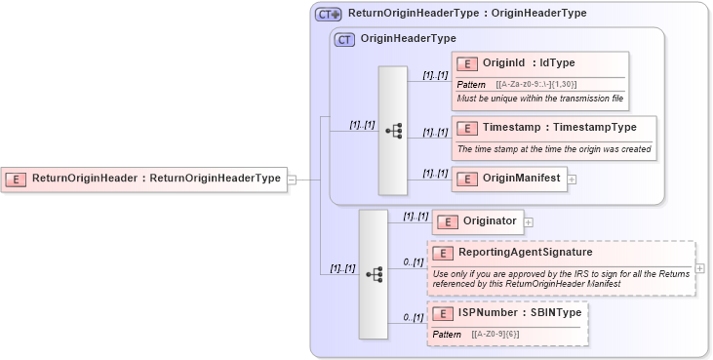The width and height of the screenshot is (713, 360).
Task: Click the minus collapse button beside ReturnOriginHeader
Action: pyautogui.click(x=292, y=179)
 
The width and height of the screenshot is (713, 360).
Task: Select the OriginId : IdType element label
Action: pyautogui.click(x=529, y=63)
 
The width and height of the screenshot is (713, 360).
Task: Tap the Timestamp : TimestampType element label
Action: pyautogui.click(x=559, y=128)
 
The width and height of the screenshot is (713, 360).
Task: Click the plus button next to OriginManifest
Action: pyautogui.click(x=572, y=179)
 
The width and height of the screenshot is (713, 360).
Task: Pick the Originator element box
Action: pyautogui.click(x=478, y=222)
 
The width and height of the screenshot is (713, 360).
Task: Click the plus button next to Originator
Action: pyautogui.click(x=529, y=222)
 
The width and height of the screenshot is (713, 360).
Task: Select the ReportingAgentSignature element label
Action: pyautogui.click(x=539, y=253)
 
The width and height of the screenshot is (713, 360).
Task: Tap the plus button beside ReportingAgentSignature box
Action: pyautogui.click(x=700, y=267)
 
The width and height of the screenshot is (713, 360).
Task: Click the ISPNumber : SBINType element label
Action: pyautogui.click(x=519, y=312)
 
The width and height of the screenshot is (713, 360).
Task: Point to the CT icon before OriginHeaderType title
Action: pyautogui.click(x=344, y=40)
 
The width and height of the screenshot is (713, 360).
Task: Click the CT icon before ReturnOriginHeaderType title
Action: pyautogui.click(x=329, y=15)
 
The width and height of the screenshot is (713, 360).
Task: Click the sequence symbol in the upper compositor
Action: pyautogui.click(x=394, y=130)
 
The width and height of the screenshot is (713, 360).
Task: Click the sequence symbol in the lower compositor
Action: pyautogui.click(x=374, y=275)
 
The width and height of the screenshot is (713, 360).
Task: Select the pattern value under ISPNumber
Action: pyautogui.click(x=495, y=334)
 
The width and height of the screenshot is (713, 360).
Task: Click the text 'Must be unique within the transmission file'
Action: pyautogui.click(x=539, y=100)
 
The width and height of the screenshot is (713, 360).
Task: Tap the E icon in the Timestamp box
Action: pyautogui.click(x=467, y=128)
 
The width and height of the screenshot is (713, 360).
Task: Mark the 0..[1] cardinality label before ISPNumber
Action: pyautogui.click(x=413, y=318)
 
